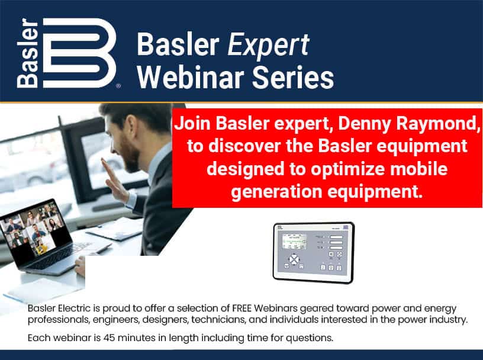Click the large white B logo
point(79,53)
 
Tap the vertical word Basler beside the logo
point(27,53)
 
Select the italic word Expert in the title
point(268,45)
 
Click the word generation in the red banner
point(276,192)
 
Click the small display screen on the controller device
point(295,242)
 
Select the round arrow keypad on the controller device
point(294,259)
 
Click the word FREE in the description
point(242,308)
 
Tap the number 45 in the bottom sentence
point(109,338)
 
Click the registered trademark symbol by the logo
point(118,86)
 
